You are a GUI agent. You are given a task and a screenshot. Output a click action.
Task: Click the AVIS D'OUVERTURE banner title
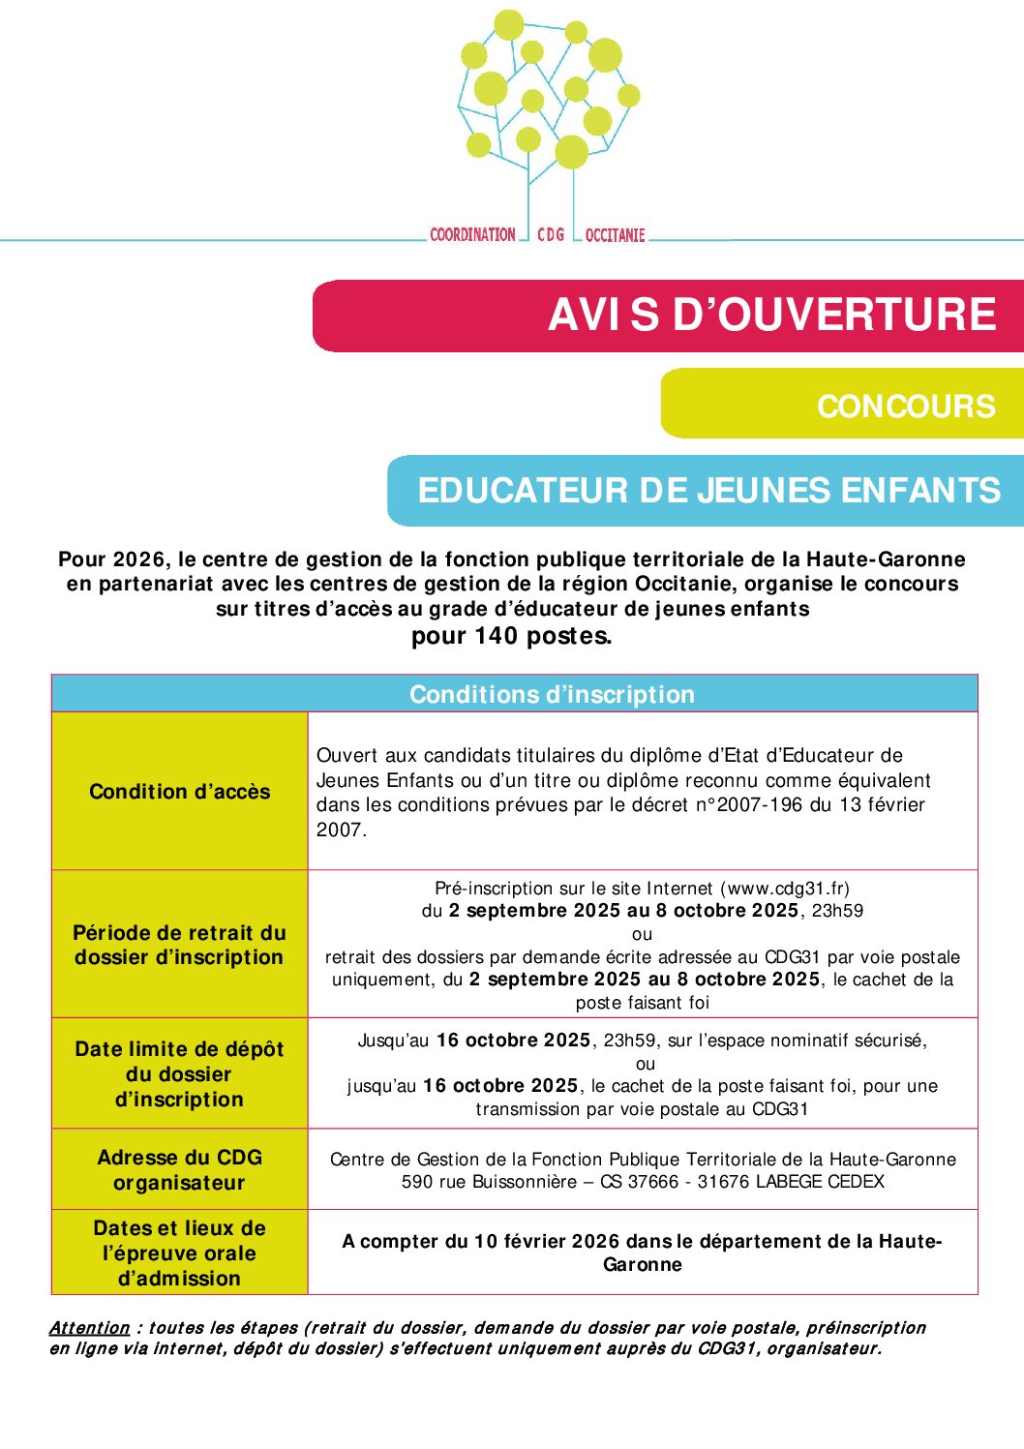tap(771, 316)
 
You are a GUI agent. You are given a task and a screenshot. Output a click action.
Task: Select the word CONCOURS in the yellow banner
tap(905, 406)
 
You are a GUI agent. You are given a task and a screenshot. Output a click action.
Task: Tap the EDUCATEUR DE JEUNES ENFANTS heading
tap(708, 491)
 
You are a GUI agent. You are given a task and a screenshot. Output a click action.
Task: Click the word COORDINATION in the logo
tap(472, 234)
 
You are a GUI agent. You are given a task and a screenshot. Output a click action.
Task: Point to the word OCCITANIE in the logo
tap(615, 235)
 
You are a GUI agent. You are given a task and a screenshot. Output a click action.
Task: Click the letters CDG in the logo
tap(551, 234)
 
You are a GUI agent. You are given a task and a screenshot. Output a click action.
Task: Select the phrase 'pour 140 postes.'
tap(511, 636)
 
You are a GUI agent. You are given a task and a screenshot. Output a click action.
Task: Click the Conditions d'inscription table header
tap(552, 694)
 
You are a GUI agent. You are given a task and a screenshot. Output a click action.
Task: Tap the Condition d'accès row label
tap(180, 792)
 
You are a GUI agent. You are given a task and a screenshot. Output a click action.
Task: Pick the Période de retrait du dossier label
tap(180, 945)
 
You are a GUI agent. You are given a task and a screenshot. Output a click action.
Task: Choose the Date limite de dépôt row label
tap(180, 1074)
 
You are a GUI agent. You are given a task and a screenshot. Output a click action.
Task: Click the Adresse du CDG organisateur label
tap(180, 1169)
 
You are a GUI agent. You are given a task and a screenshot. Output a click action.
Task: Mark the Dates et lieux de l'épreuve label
tap(180, 1253)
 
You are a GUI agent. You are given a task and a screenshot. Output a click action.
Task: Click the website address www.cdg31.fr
tap(786, 888)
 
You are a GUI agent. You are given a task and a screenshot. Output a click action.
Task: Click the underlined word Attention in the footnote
tap(89, 1328)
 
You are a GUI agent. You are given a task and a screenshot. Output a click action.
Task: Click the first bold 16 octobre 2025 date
tap(513, 1041)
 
